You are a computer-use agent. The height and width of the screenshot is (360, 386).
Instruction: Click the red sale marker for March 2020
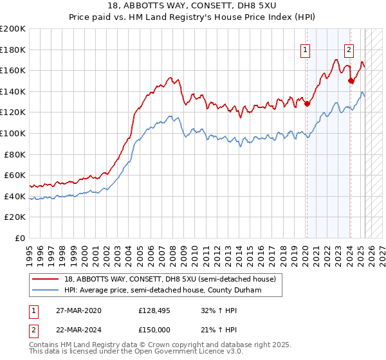307,104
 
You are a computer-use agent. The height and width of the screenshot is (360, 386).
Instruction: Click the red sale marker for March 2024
351,80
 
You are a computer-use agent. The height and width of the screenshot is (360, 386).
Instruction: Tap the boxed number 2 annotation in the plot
349,51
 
